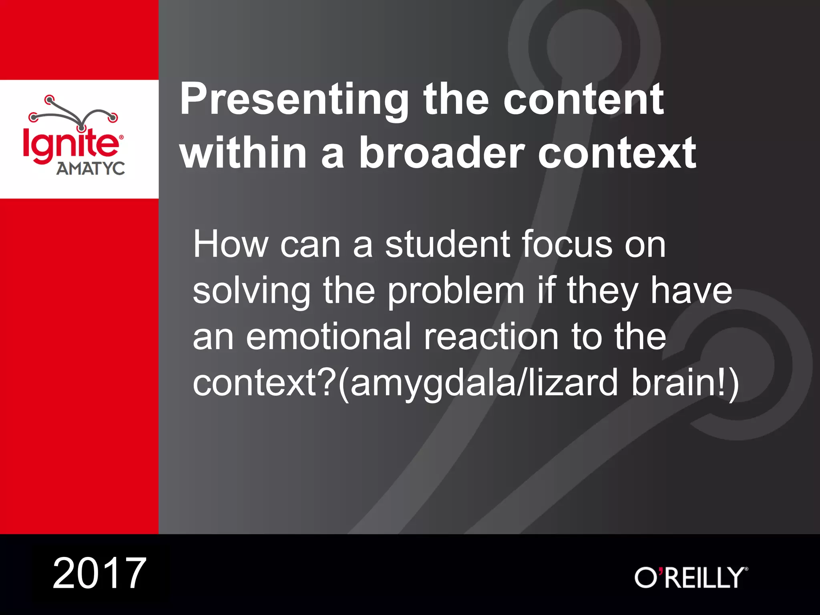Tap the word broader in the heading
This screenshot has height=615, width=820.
(441, 153)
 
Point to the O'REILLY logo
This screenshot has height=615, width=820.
(691, 577)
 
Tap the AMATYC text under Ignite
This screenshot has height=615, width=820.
(90, 169)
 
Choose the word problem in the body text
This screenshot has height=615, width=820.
(456, 291)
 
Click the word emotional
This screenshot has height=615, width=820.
(328, 337)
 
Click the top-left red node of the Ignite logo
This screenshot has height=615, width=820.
(49, 99)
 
